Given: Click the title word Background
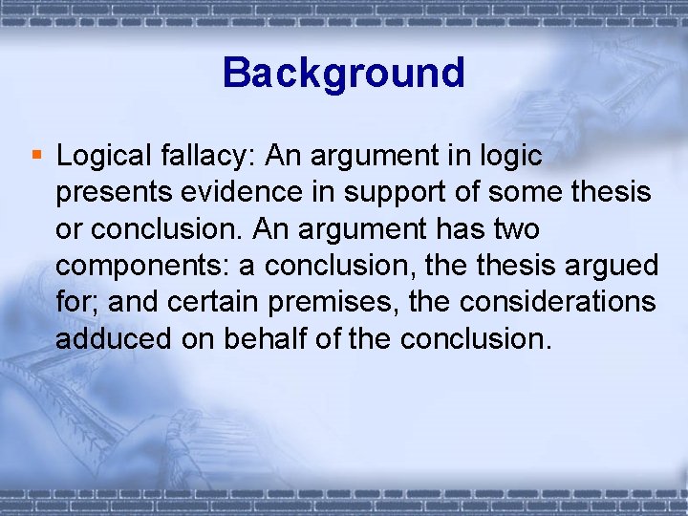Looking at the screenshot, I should [x=343, y=73].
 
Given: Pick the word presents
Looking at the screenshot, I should [x=111, y=192].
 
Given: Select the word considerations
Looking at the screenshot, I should [x=560, y=301].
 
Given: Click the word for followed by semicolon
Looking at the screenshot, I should [x=76, y=301].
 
